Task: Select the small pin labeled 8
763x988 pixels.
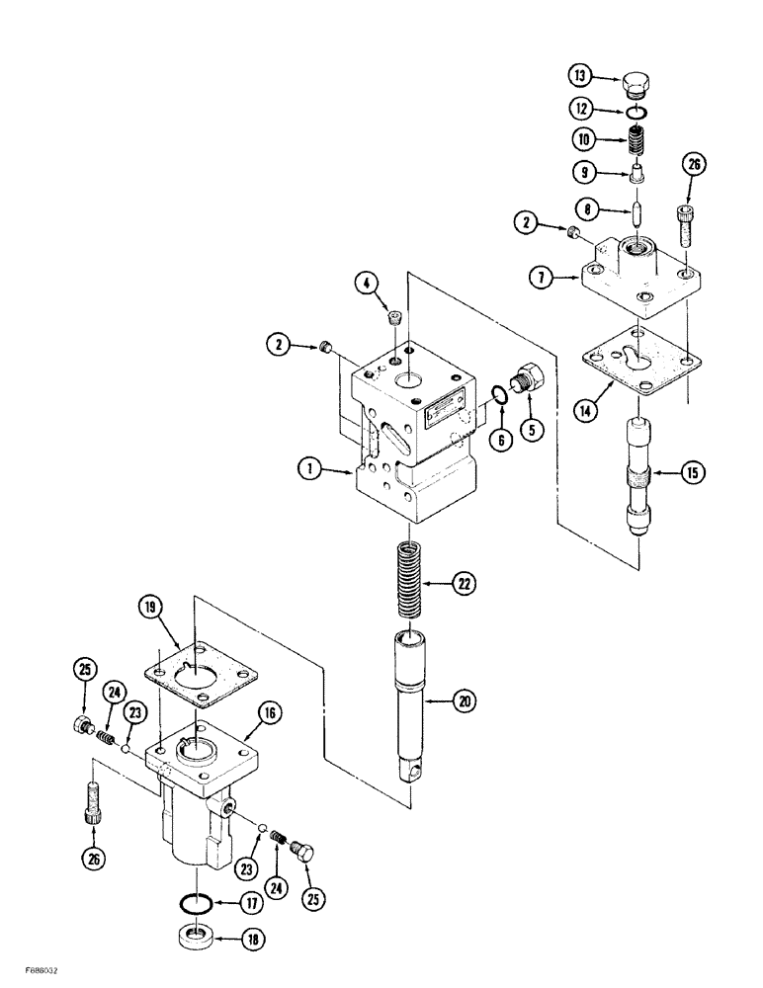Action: tap(638, 211)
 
